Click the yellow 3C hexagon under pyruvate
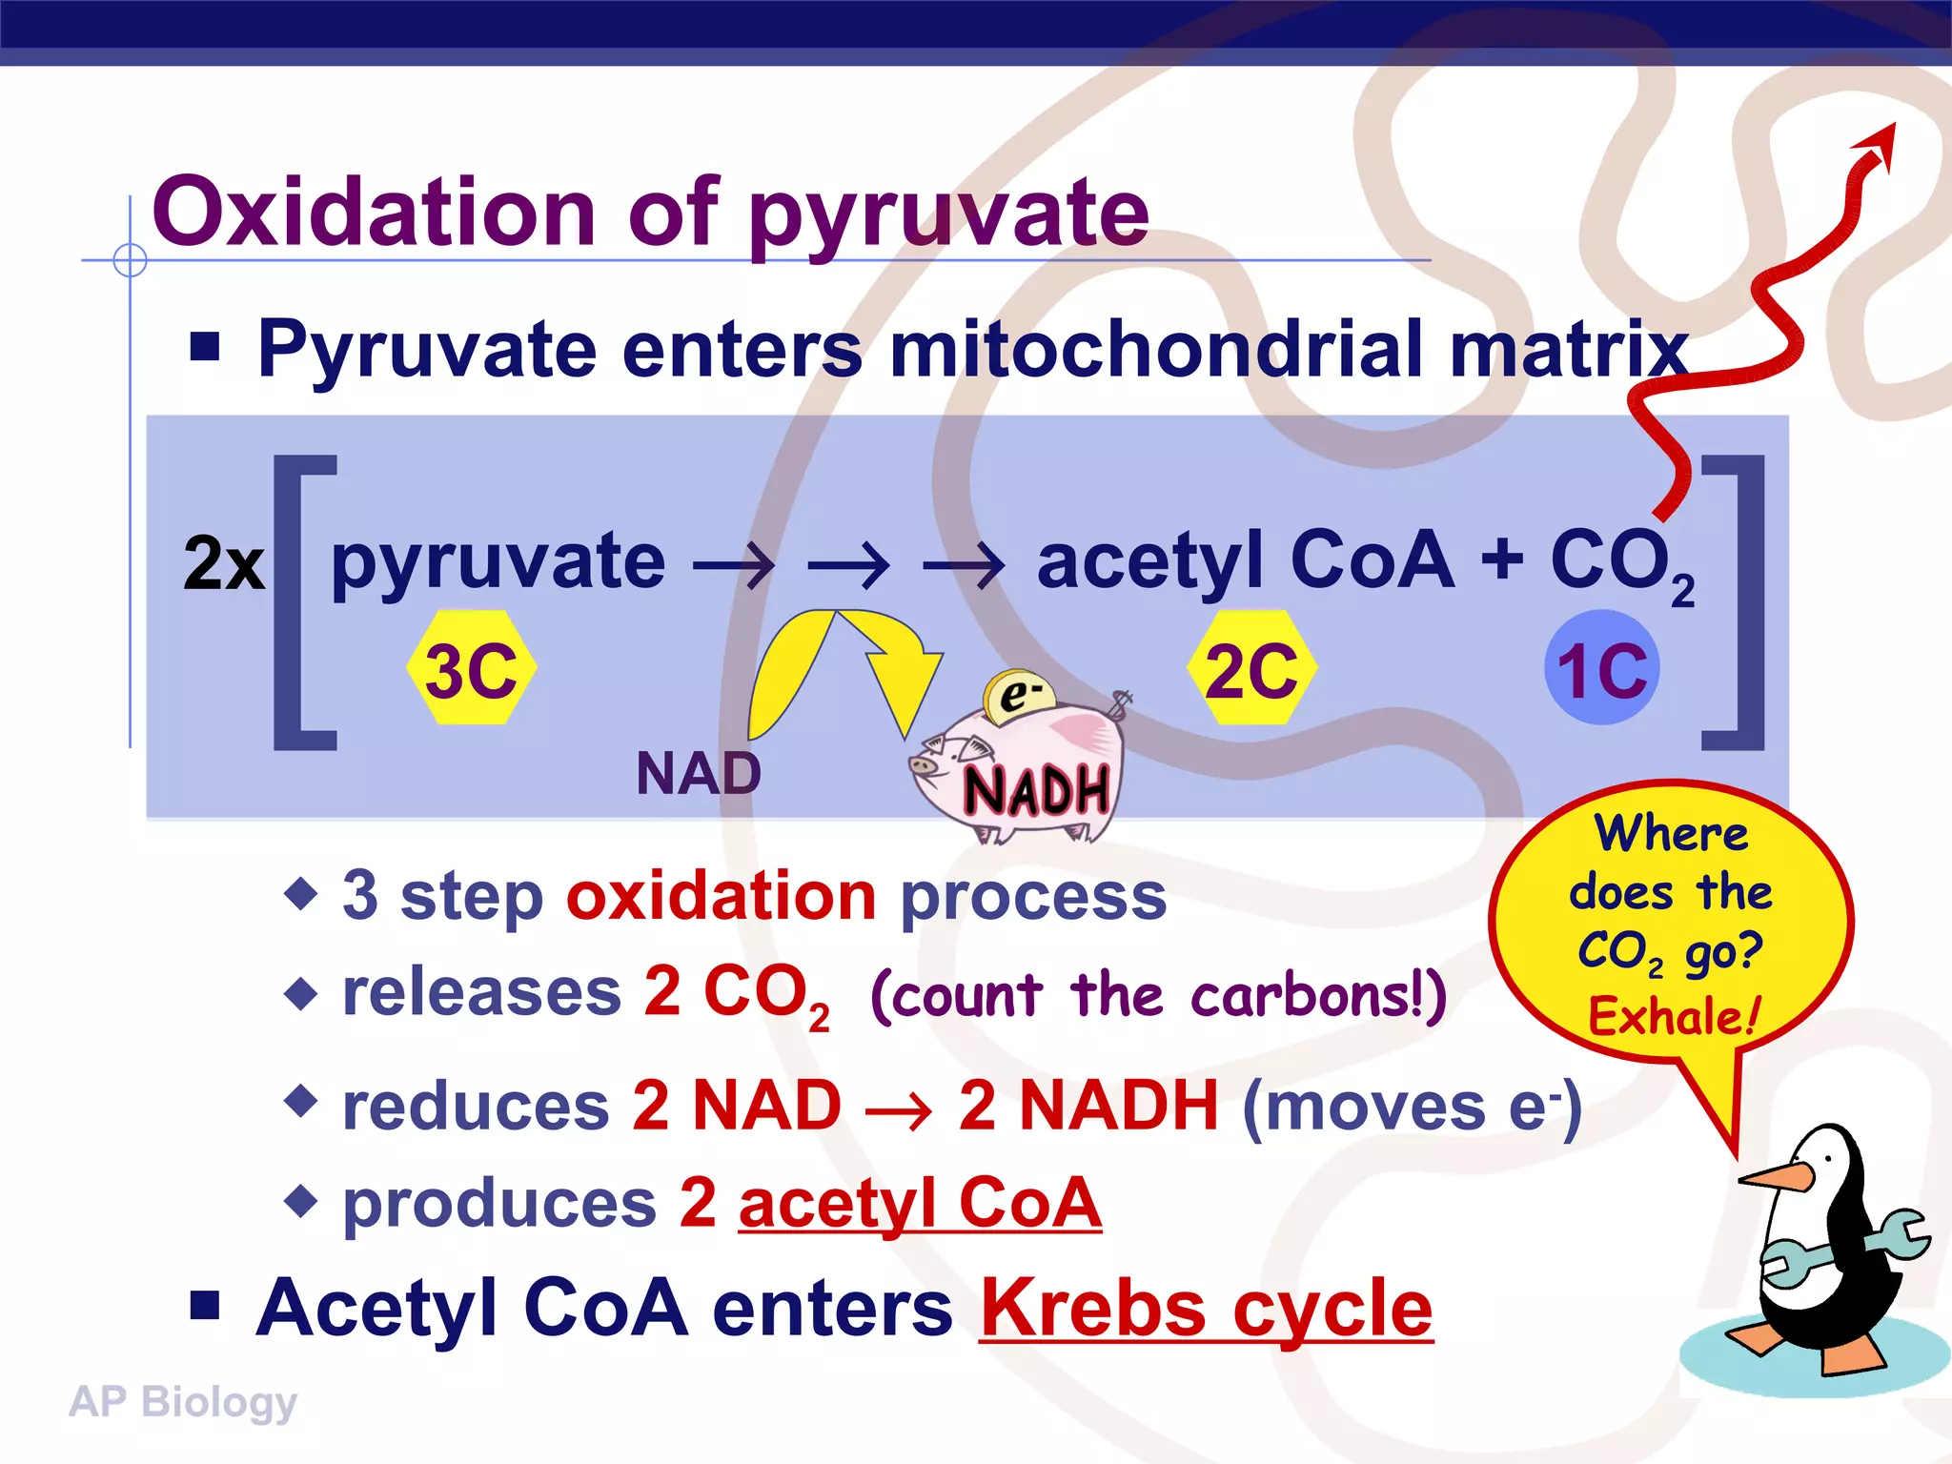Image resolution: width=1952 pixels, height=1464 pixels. point(471,669)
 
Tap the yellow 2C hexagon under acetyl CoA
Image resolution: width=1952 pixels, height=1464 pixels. point(1251,669)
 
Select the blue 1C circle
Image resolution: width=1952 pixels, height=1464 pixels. point(1601,669)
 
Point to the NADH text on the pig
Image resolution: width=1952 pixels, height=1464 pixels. point(1037,791)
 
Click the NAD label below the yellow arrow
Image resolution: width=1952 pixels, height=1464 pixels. point(699,773)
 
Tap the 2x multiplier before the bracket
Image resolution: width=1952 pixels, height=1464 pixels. point(223,564)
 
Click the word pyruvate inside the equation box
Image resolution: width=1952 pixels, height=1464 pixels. point(498,562)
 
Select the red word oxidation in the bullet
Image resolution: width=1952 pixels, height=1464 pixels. point(721,897)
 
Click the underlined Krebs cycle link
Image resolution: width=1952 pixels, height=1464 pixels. point(1206,1309)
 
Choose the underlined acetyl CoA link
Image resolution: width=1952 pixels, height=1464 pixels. point(920,1203)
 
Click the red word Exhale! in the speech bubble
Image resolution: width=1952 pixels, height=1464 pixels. point(1673,1016)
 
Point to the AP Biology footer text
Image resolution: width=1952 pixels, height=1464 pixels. point(183,1402)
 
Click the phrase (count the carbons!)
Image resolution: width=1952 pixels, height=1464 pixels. point(1158,996)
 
